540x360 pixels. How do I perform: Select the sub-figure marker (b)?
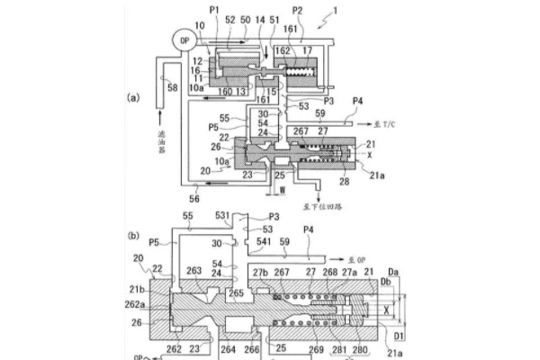point(134,238)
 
